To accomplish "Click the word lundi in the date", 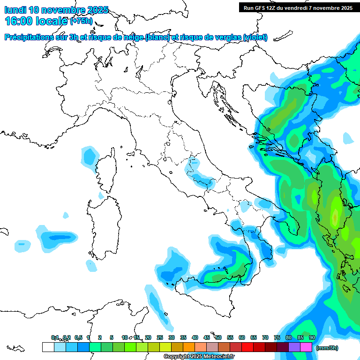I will [x=15, y=10].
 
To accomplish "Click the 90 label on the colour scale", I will [x=312, y=337].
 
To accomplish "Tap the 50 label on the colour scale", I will [x=218, y=337].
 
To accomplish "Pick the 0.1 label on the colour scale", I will [x=55, y=337].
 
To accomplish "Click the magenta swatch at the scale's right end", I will [x=306, y=347].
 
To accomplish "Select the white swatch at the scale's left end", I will [x=48, y=347].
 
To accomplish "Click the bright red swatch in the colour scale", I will [x=247, y=347].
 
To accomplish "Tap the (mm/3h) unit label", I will [x=327, y=348].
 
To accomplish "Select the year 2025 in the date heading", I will [x=97, y=10].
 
